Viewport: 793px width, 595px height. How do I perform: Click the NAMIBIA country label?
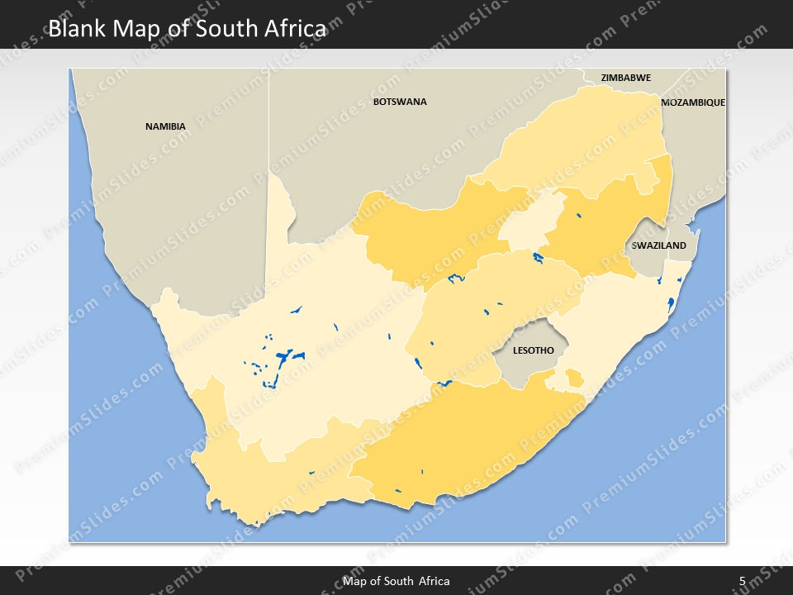pos(165,126)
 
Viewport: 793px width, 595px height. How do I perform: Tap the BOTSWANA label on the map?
pos(400,102)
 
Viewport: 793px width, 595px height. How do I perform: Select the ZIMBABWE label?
pos(625,78)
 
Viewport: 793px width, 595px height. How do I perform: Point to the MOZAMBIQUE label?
pos(692,102)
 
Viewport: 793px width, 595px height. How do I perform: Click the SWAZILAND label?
pos(658,245)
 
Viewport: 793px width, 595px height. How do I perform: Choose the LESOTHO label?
pos(533,350)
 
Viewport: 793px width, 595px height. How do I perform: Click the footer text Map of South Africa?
pos(396,581)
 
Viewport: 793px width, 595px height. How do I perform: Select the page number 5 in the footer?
pos(742,581)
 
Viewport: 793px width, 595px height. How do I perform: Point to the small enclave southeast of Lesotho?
pos(573,379)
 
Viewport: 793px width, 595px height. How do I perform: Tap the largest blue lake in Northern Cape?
pos(287,359)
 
